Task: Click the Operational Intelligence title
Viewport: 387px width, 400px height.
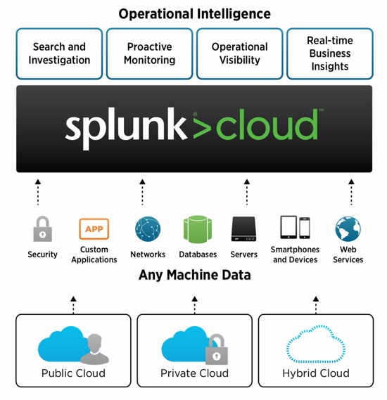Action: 194,14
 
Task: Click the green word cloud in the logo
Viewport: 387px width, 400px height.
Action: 267,124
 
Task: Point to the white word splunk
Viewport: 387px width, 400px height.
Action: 126,127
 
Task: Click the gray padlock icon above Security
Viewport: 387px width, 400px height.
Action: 43,229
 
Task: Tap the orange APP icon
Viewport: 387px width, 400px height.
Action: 94,229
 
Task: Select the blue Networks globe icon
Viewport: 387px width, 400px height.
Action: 148,229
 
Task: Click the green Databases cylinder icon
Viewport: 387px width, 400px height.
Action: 198,229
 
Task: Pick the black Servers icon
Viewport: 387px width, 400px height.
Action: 243,229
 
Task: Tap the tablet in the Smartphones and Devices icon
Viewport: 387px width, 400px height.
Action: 288,227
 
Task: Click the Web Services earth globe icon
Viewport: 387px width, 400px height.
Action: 348,229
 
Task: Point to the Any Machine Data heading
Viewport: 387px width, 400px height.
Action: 194,276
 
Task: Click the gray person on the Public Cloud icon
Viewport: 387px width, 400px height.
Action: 95,349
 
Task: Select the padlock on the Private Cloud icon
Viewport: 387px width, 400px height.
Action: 217,349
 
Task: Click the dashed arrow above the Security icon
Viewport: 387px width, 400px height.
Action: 38,193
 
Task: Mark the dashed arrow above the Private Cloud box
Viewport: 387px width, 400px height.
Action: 194,305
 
